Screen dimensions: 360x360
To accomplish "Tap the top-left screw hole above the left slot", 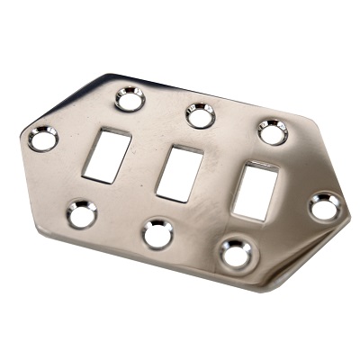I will click(130, 98).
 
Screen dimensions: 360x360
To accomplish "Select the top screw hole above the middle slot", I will click(201, 115).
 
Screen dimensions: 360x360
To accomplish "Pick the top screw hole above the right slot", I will click(272, 131).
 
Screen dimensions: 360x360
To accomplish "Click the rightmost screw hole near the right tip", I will click(325, 207).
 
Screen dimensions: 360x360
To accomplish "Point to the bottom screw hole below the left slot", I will click(82, 214).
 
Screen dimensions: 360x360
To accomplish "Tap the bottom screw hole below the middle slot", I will click(159, 233).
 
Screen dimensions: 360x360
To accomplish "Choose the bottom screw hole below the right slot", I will click(237, 253).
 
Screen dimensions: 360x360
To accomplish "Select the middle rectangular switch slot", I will click(178, 172).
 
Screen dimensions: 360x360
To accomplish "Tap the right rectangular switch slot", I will click(253, 191).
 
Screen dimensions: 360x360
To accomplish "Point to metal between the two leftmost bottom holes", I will click(121, 225).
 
